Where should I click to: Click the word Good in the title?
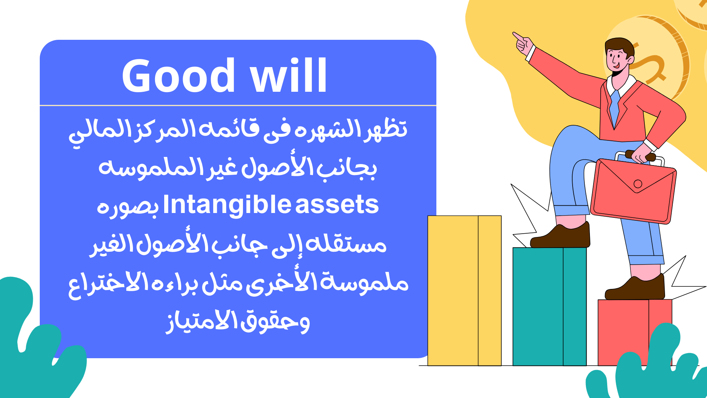coord(178,76)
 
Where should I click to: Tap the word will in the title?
coord(288,76)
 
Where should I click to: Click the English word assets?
coord(337,206)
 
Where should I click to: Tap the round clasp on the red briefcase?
coord(638,184)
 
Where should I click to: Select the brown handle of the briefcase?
coord(640,156)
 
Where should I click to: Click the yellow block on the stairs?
coord(464,290)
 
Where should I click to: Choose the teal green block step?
coord(549,307)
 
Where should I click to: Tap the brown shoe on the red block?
coord(635,288)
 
